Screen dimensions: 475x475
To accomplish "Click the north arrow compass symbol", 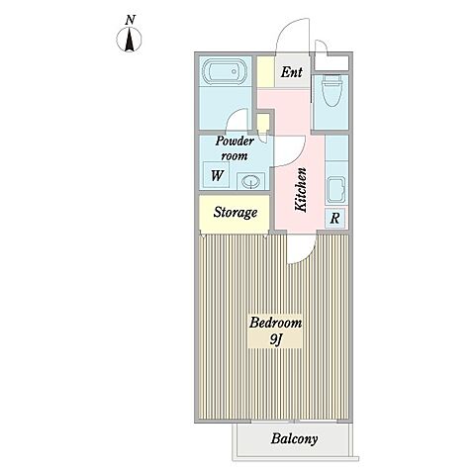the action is [129, 40].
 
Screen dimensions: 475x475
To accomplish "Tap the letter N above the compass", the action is [130, 20].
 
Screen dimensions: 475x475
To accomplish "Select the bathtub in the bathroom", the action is [225, 72].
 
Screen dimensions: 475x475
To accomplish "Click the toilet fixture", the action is [331, 90].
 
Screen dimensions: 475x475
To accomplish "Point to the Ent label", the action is [292, 72].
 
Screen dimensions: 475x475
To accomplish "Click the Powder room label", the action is [235, 148].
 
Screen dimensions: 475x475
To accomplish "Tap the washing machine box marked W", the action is [217, 175].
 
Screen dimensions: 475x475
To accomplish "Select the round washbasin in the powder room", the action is [250, 181].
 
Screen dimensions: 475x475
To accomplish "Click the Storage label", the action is [235, 212].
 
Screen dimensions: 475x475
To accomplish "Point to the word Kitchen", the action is [301, 189].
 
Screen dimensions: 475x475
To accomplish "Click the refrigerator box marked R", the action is [334, 218].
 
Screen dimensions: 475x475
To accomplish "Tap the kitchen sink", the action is [336, 190].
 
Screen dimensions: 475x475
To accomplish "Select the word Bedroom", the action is [275, 322].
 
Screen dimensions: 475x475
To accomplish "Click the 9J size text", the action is [275, 339].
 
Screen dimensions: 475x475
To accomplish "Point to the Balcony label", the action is [294, 438].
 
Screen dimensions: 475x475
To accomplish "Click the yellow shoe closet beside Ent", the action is [265, 72].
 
